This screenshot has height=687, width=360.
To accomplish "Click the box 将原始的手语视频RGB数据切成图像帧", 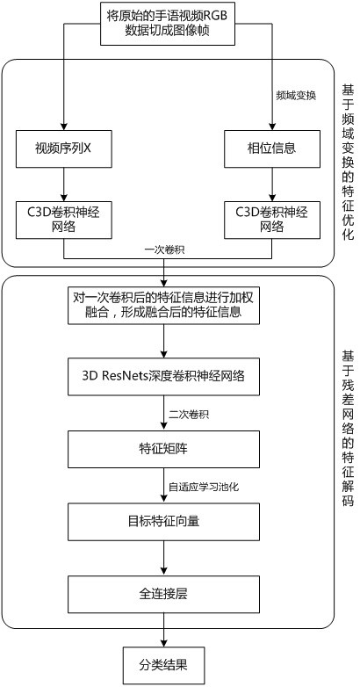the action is (x=168, y=23).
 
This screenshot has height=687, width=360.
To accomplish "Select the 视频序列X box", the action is (x=63, y=148).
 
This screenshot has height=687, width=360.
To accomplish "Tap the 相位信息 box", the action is (x=271, y=148).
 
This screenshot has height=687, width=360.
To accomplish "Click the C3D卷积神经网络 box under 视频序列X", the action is (x=63, y=220).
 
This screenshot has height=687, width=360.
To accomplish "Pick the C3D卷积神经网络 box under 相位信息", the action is (x=271, y=220).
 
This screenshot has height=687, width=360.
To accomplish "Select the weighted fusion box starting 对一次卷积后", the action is (x=163, y=305).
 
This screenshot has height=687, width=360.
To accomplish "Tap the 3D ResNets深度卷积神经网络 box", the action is (x=163, y=376).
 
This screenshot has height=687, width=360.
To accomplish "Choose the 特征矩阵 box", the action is (x=163, y=448).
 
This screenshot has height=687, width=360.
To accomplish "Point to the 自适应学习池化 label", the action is (x=204, y=487).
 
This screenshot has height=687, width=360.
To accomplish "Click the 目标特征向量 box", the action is (x=163, y=521).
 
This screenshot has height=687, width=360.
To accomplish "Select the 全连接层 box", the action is (x=163, y=594).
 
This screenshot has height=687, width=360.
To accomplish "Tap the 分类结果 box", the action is (x=163, y=666).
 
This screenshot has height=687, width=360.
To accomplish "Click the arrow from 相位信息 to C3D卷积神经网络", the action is (x=271, y=184).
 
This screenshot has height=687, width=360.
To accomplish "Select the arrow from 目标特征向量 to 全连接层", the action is (x=163, y=557).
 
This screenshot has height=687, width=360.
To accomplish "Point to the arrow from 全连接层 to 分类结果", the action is (x=163, y=630).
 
